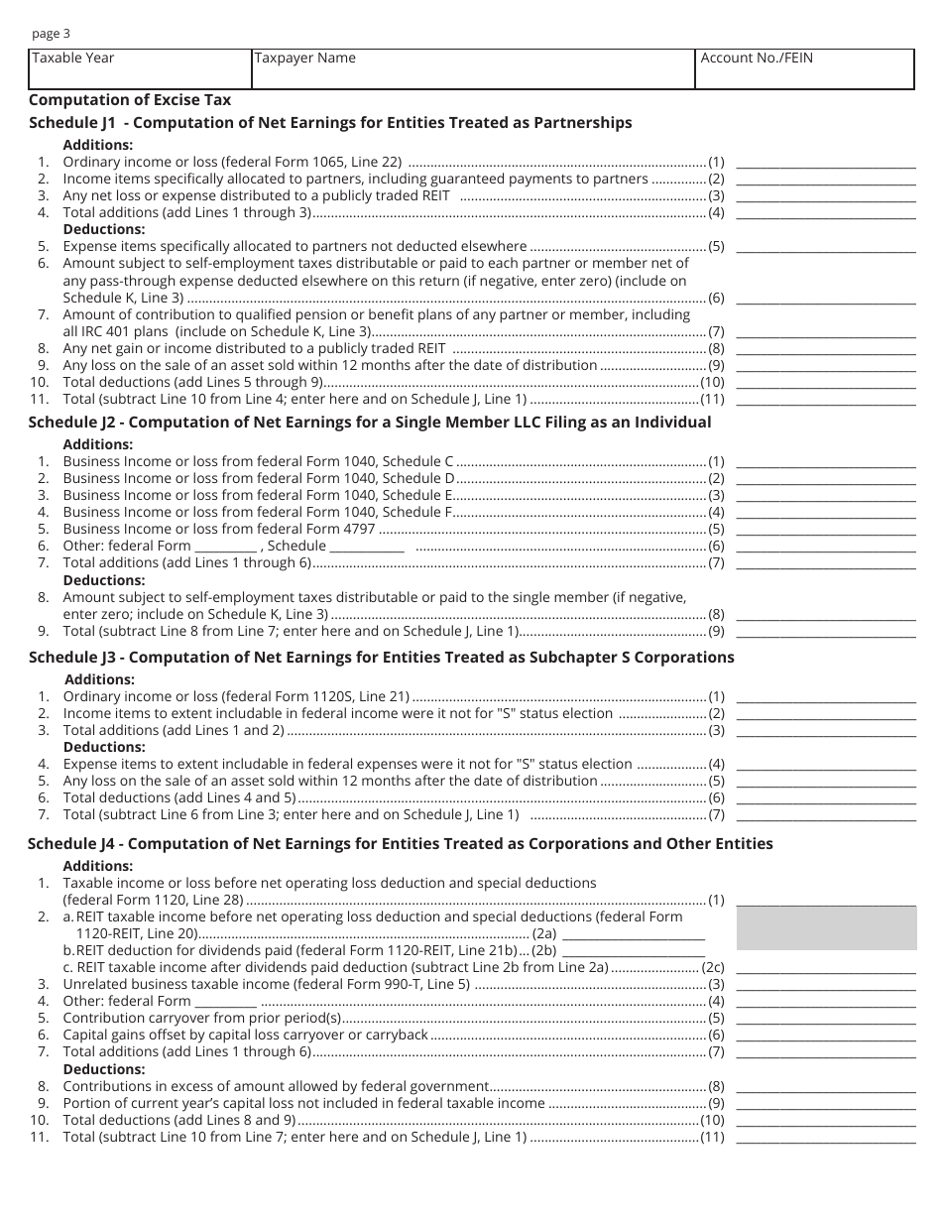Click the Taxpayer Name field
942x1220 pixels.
[x=473, y=69]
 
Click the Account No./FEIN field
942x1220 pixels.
[x=804, y=69]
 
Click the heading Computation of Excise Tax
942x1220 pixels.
[x=130, y=99]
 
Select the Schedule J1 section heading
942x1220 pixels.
[x=330, y=123]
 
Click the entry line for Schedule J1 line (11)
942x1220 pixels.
[x=826, y=401]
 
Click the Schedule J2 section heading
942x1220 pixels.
[x=370, y=423]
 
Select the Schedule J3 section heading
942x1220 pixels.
[x=382, y=658]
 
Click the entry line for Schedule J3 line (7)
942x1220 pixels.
[x=826, y=816]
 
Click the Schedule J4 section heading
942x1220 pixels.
[x=401, y=844]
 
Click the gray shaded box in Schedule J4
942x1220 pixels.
[x=826, y=928]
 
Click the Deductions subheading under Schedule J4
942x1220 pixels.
[x=104, y=1069]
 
